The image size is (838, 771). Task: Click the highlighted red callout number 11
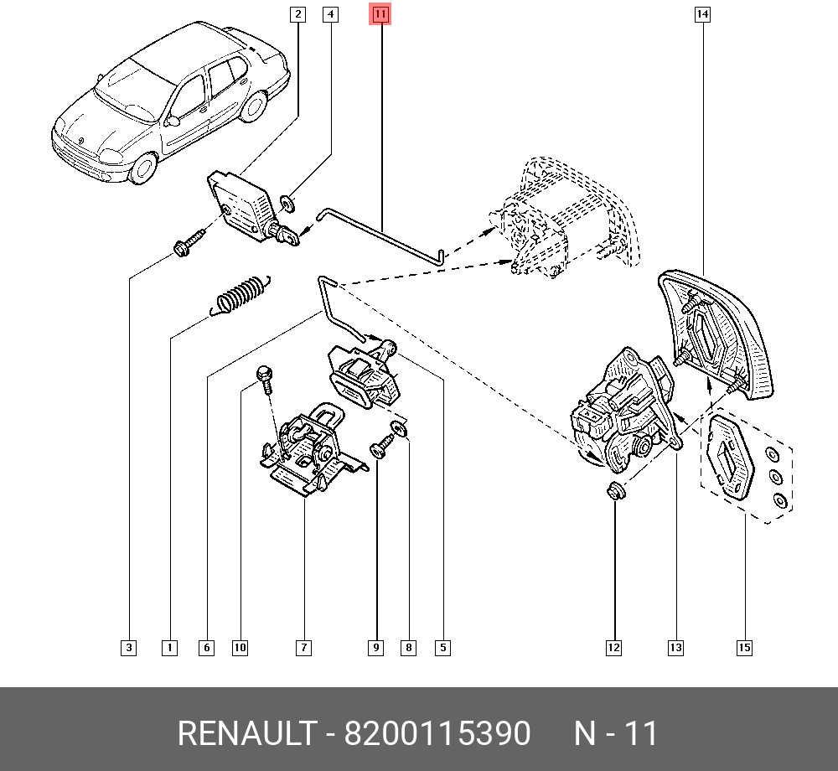[380, 14]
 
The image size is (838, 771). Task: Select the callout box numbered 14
[702, 14]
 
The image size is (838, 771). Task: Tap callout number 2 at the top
[297, 14]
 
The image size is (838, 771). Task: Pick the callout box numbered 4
[331, 14]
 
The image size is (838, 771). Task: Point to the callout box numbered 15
[744, 647]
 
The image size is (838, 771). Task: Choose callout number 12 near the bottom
[614, 647]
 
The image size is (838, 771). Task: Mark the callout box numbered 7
[303, 647]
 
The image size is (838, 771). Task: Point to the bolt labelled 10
[264, 379]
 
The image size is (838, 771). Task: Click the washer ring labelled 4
[287, 202]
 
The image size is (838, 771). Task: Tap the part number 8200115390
[438, 734]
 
